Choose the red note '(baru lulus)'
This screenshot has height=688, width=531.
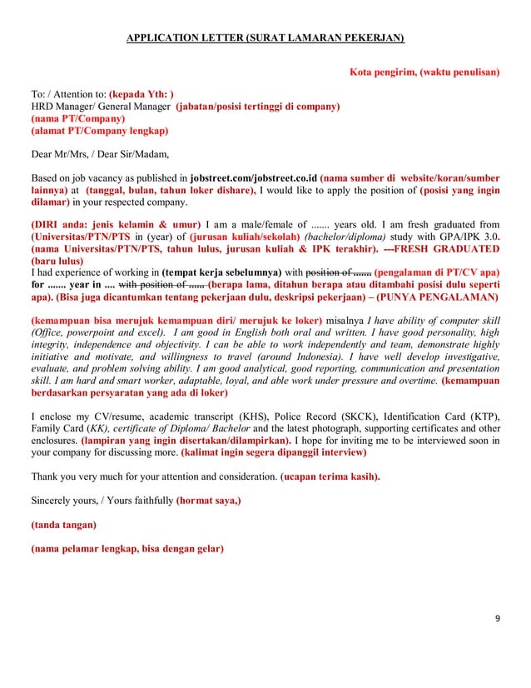[x=58, y=260]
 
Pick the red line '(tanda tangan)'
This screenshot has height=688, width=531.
[x=63, y=525]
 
